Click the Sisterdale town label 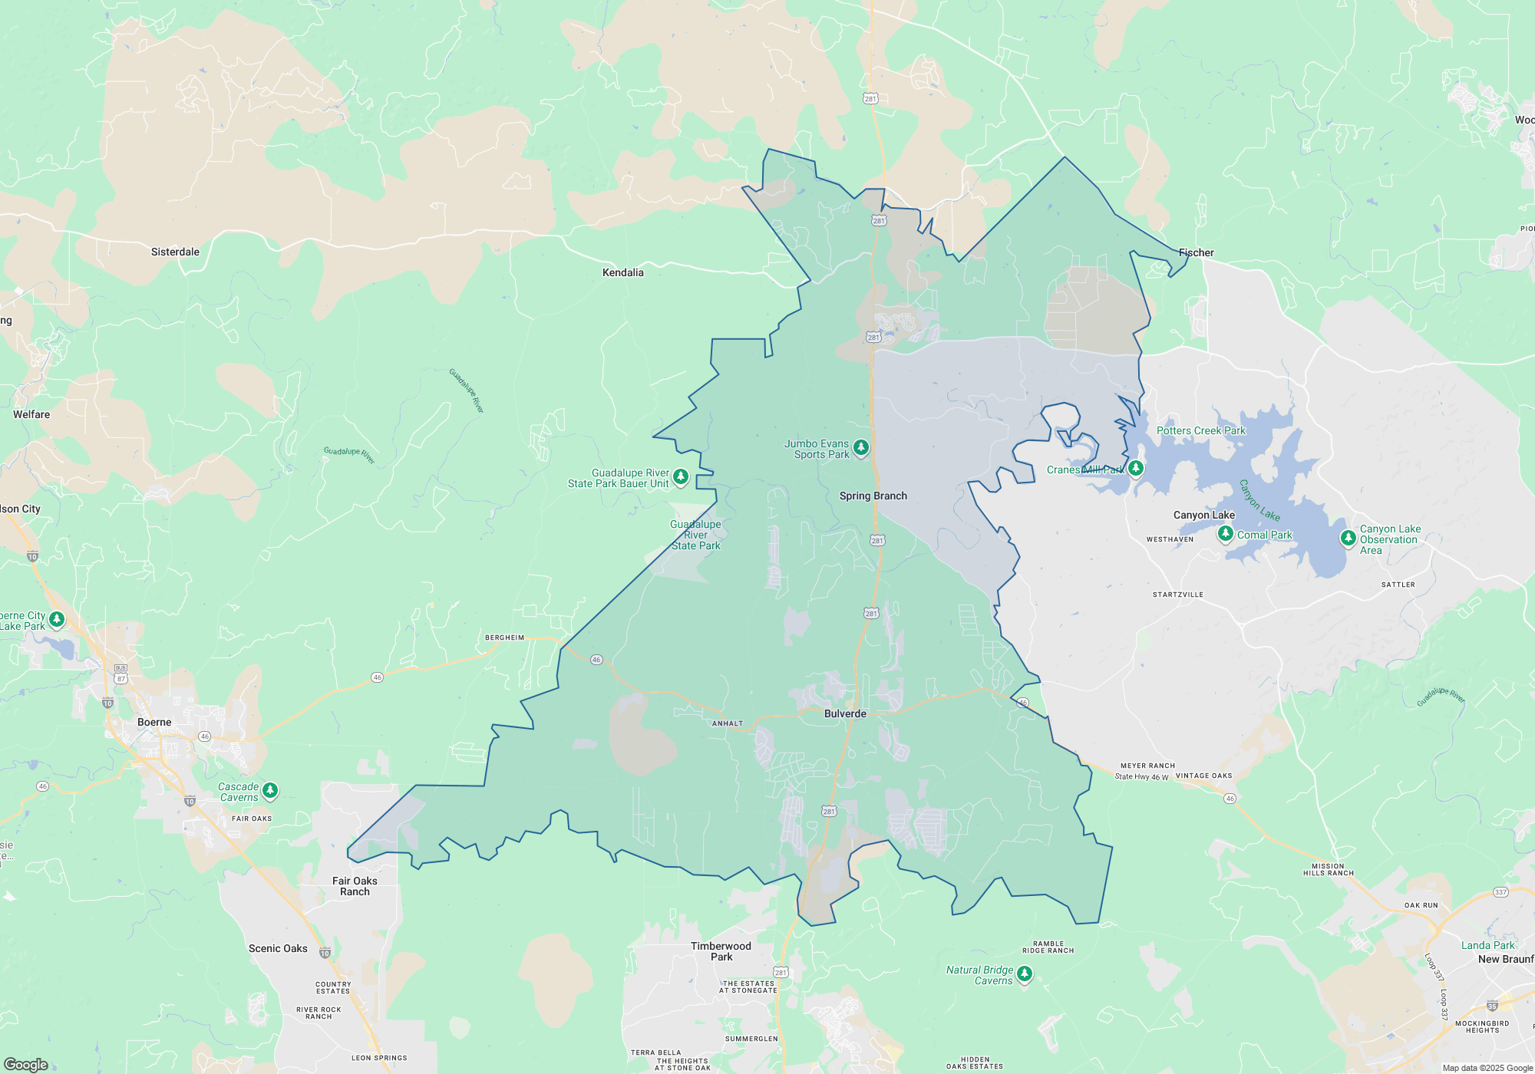point(175,252)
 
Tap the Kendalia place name point(622,272)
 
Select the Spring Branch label point(873,496)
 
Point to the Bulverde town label point(845,713)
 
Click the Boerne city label point(154,722)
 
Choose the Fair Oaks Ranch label point(355,886)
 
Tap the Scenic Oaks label point(278,948)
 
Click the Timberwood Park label point(721,951)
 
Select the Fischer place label point(1196,252)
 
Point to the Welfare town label point(31,414)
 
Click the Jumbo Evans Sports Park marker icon point(861,447)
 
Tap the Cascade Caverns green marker point(269,789)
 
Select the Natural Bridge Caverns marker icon point(1025,974)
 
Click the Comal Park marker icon point(1226,533)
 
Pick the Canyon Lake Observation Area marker point(1348,538)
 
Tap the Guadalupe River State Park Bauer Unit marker point(680,477)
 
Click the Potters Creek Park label point(1200,430)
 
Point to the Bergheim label point(504,637)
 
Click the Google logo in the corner point(26,1064)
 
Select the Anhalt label point(727,723)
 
